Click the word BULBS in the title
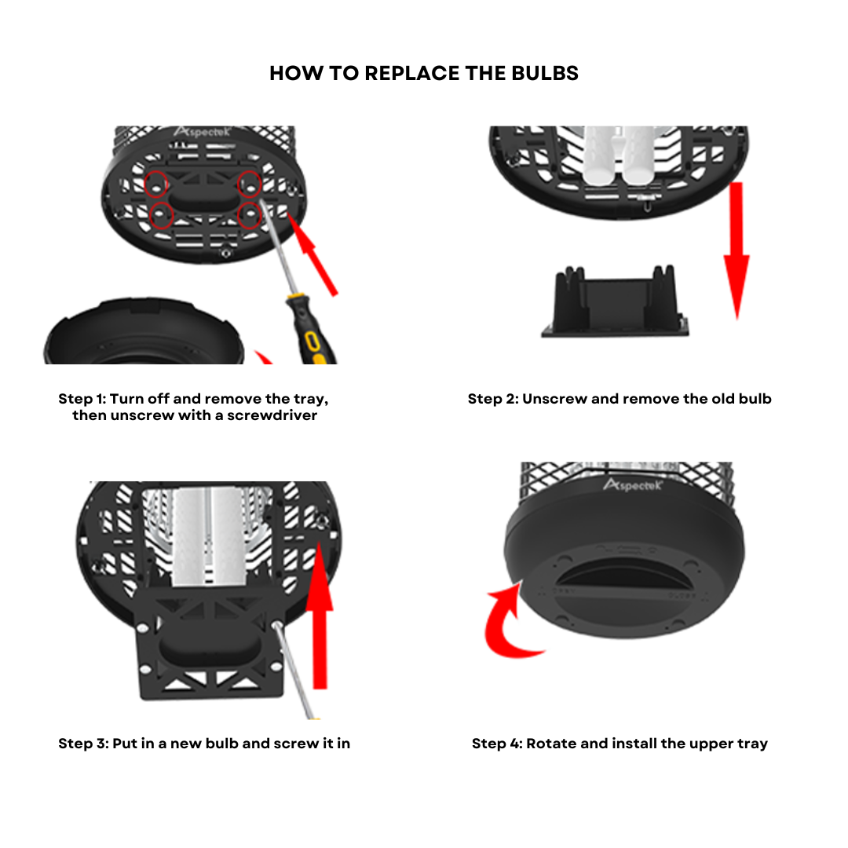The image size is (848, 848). click(x=545, y=73)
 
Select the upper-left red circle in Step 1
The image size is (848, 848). click(x=156, y=184)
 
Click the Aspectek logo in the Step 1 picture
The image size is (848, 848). click(x=203, y=132)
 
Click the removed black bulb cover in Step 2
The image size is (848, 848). click(x=616, y=302)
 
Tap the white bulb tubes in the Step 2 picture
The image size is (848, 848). click(x=620, y=155)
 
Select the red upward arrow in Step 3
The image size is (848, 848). click(x=320, y=616)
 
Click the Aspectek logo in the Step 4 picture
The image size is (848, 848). click(x=633, y=484)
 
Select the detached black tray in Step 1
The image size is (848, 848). click(x=144, y=331)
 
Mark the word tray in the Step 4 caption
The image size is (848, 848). click(x=752, y=744)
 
